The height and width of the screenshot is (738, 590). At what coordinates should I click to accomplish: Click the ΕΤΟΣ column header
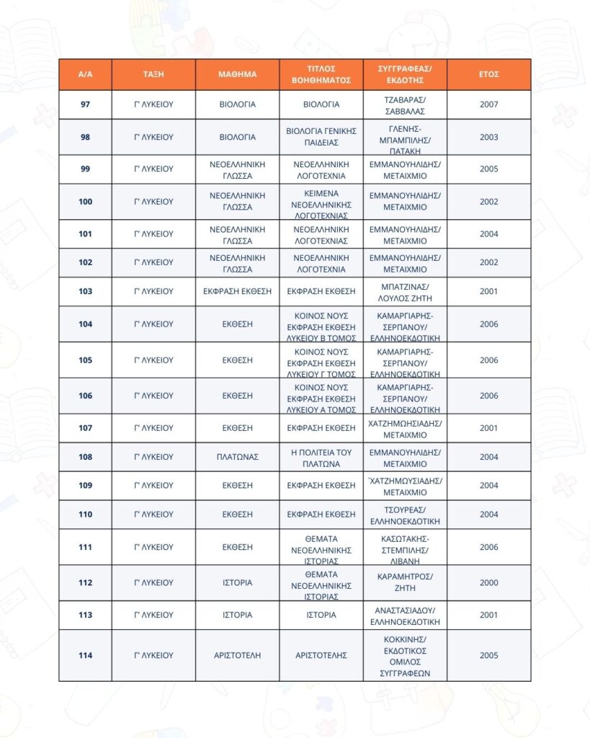pyautogui.click(x=488, y=74)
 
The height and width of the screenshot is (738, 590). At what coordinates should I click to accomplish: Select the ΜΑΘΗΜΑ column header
pyautogui.click(x=237, y=74)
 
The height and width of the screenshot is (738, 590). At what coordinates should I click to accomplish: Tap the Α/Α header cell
pyautogui.click(x=85, y=74)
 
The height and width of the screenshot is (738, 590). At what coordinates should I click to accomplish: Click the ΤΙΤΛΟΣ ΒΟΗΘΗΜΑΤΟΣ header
pyautogui.click(x=321, y=74)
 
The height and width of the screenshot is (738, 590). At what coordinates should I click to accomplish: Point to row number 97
pyautogui.click(x=85, y=105)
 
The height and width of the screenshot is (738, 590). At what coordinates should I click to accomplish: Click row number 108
pyautogui.click(x=85, y=457)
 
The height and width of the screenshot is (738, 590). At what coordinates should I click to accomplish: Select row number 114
pyautogui.click(x=85, y=655)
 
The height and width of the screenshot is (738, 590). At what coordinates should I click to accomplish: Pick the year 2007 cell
pyautogui.click(x=488, y=105)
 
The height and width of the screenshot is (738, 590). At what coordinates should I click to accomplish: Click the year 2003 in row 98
pyautogui.click(x=488, y=137)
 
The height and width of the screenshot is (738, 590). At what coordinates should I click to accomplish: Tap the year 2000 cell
pyautogui.click(x=488, y=583)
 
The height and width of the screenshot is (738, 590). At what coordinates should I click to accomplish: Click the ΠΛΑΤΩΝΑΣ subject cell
pyautogui.click(x=237, y=457)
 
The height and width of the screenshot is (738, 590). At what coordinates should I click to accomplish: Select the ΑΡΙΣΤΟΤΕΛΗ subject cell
pyautogui.click(x=237, y=655)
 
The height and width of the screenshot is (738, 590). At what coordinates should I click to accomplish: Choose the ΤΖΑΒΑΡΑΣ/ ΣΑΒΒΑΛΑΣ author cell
pyautogui.click(x=404, y=105)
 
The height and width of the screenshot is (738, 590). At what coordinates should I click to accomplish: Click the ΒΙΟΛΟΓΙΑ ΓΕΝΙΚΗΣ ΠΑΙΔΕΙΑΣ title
pyautogui.click(x=321, y=137)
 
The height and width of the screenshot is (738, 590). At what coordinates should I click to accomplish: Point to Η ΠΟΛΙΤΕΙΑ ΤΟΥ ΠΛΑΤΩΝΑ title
pyautogui.click(x=321, y=457)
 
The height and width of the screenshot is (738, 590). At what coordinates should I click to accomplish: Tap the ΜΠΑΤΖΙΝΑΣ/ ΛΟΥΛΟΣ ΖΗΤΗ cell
pyautogui.click(x=404, y=291)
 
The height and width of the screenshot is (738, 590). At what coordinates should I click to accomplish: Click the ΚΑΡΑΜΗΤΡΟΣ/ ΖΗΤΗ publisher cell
pyautogui.click(x=404, y=583)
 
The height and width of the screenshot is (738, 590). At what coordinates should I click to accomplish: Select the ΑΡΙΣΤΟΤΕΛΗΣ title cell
pyautogui.click(x=321, y=655)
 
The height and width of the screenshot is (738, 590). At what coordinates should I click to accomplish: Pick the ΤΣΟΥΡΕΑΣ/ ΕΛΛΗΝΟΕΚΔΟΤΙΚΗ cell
pyautogui.click(x=404, y=515)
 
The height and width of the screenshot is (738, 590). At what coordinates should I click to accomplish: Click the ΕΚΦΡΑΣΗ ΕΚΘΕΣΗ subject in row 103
pyautogui.click(x=237, y=291)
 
